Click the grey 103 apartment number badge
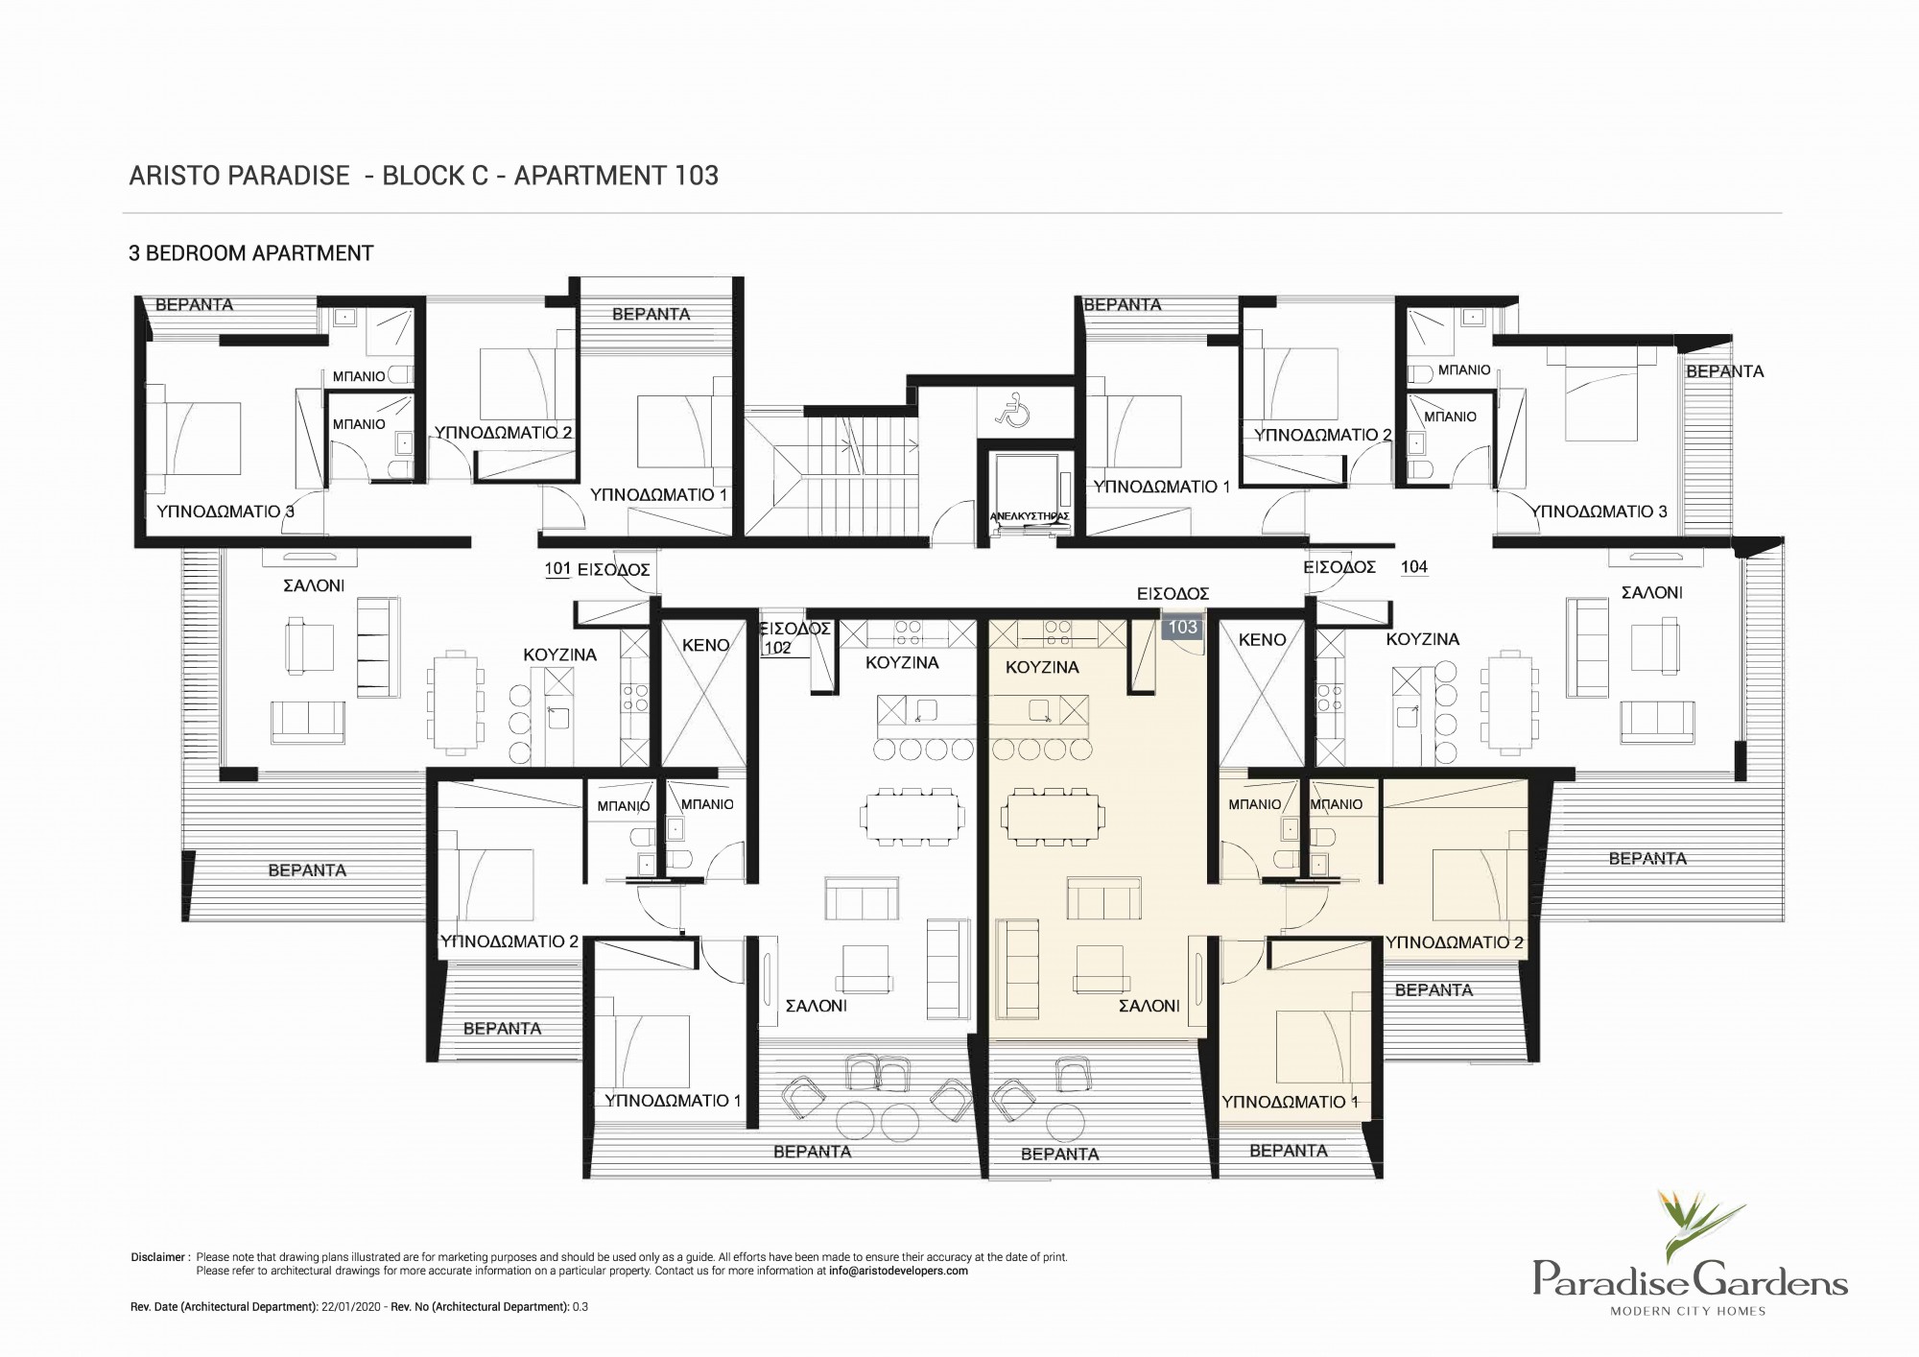point(1182,627)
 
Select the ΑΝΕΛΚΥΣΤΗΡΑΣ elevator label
point(1029,516)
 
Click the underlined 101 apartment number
point(557,568)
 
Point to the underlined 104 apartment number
point(1414,566)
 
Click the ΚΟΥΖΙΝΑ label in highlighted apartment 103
point(1042,667)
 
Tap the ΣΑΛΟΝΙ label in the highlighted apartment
point(1149,1006)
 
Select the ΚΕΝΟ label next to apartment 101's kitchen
point(705,646)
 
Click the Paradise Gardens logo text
point(1690,1280)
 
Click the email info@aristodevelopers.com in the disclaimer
point(898,1271)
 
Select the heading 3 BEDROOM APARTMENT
point(251,253)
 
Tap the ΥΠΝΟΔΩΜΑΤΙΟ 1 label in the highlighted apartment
point(1290,1102)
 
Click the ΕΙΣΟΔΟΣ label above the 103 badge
point(1173,594)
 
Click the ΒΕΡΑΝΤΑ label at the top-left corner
point(194,304)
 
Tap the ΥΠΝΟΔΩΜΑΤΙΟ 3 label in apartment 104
point(1599,512)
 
